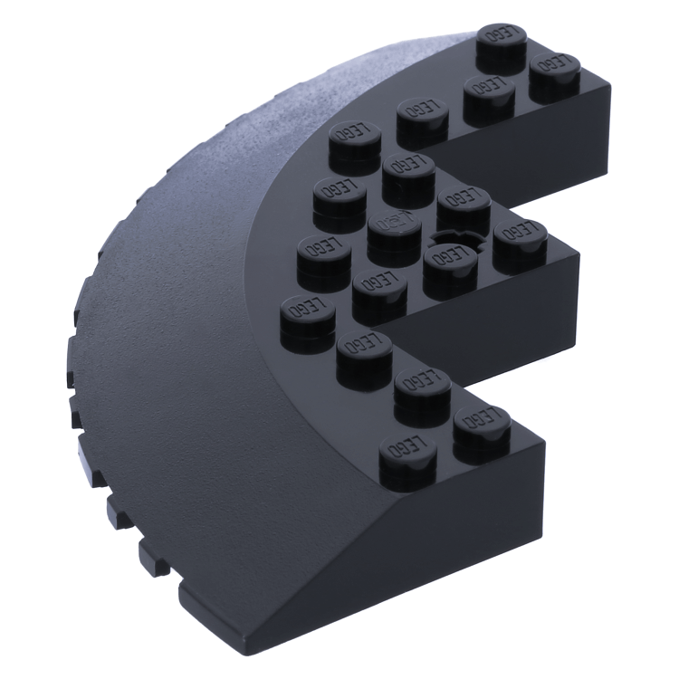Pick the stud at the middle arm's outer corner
[x=520, y=237]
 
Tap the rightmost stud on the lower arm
[x=482, y=421]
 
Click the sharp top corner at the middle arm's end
[x=579, y=258]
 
